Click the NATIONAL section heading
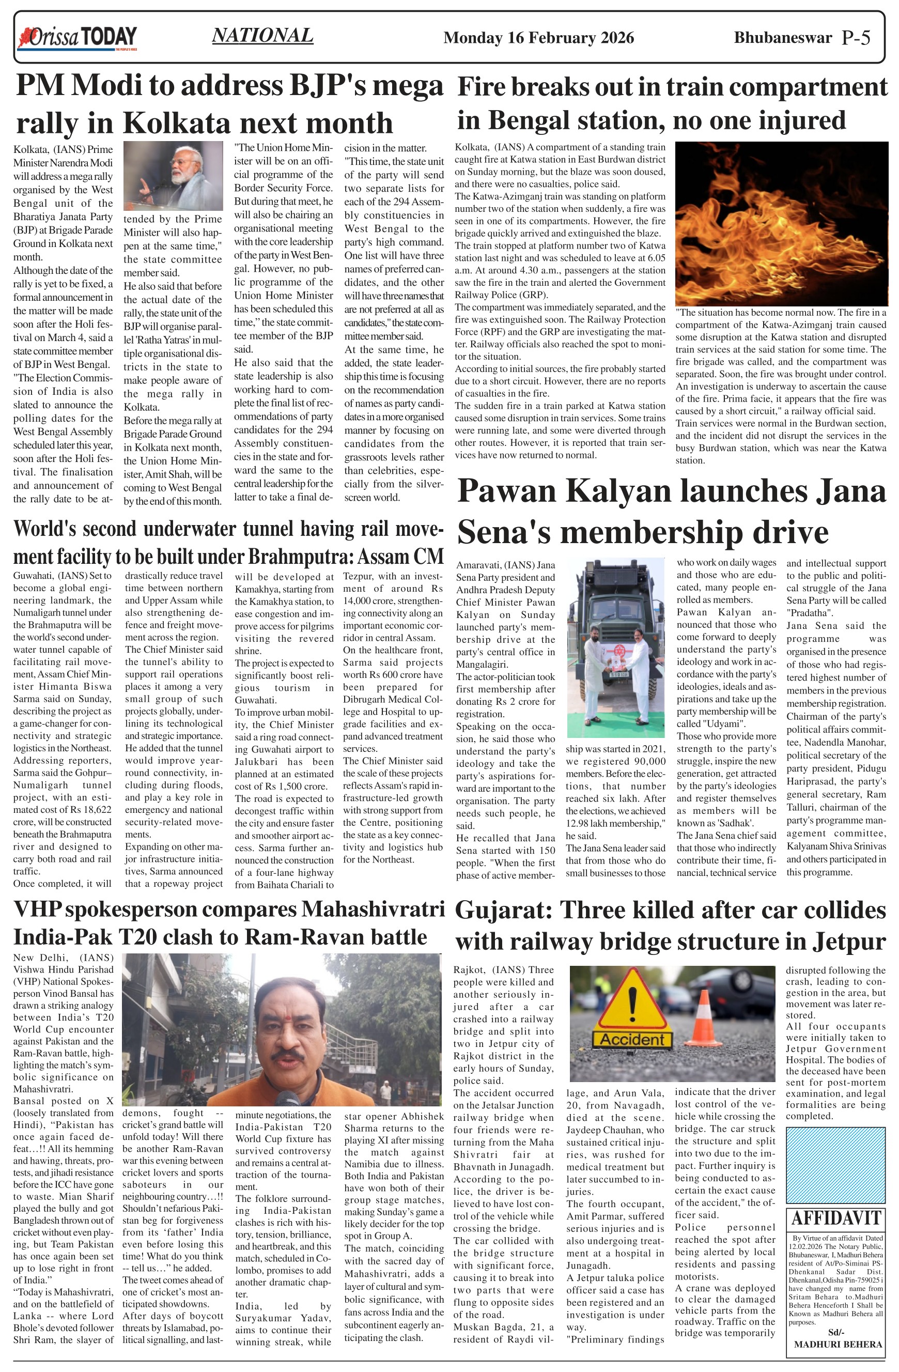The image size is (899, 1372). point(263,35)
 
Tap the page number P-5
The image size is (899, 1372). point(856,38)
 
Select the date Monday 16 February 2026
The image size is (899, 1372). point(538,38)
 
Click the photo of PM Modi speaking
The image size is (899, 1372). point(173,176)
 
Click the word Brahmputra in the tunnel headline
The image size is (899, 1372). point(300,557)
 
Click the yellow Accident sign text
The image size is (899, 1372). point(632,1039)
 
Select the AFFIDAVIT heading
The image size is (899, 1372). point(835,1217)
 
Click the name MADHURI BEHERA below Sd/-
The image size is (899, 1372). point(838,1344)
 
